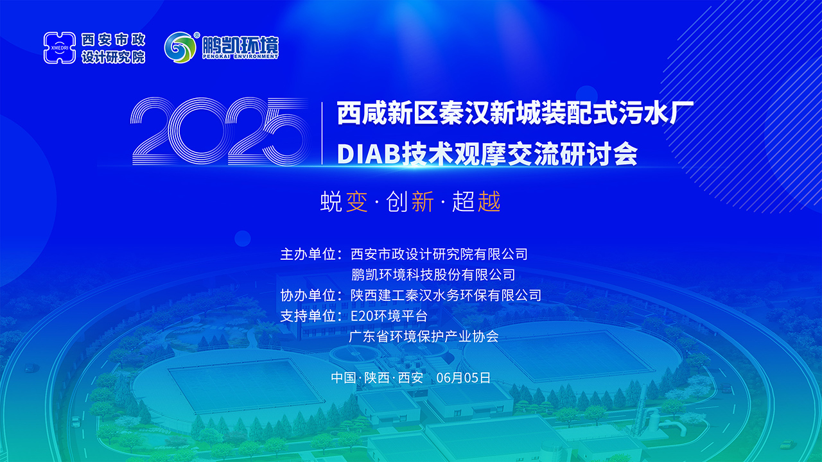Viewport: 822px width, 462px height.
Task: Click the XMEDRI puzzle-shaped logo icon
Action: (60, 47)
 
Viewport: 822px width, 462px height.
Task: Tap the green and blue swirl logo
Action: (180, 47)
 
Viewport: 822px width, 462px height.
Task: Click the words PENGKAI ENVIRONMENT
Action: (240, 57)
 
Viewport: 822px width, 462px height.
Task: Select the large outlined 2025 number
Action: (220, 131)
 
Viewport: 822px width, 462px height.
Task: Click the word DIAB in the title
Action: (368, 154)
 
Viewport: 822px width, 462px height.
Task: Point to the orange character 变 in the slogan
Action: (356, 201)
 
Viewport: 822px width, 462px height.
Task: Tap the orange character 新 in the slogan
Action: (423, 201)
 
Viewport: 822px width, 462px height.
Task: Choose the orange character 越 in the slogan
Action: (489, 201)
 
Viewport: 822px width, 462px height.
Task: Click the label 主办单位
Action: (308, 254)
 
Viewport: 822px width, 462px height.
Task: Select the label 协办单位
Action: (308, 295)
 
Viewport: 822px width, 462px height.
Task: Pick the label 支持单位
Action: (308, 316)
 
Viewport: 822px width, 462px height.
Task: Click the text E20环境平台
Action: (389, 316)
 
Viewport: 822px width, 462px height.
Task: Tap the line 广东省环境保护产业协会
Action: (424, 336)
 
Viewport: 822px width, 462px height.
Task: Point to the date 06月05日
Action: (463, 378)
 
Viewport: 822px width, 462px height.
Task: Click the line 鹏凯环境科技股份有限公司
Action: (433, 275)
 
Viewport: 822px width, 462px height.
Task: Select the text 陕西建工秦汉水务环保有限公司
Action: (446, 295)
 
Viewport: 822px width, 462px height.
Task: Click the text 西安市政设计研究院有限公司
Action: (439, 254)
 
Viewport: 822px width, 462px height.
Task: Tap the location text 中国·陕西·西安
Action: (377, 378)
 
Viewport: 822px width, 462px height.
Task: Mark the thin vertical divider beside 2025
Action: (322, 133)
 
